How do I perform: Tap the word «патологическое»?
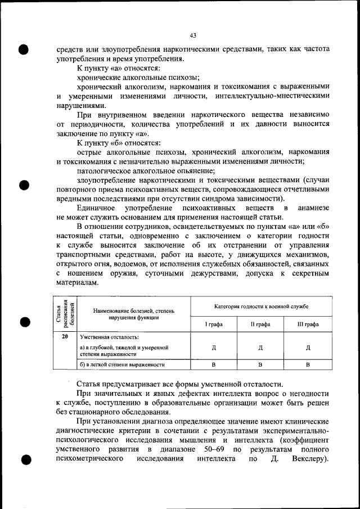click(103, 170)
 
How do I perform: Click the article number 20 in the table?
click(65, 336)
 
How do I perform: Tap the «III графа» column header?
click(308, 325)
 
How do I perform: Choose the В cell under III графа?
click(308, 364)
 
